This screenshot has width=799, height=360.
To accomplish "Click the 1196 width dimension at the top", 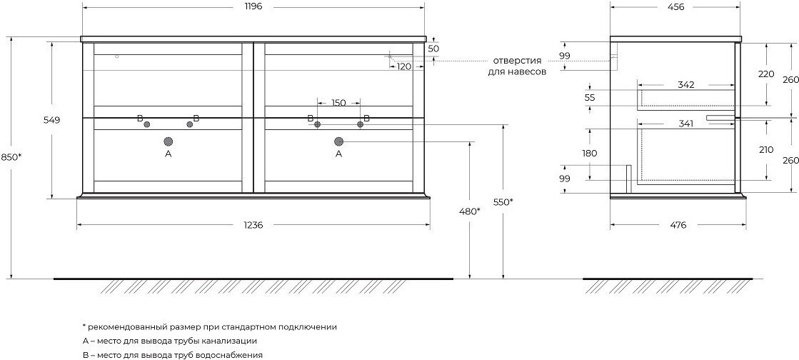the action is click(253, 7).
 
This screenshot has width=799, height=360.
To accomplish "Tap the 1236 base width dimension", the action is click(253, 225).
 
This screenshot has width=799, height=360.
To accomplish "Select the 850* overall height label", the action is click(11, 157).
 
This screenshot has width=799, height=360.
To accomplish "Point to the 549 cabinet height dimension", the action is click(52, 120).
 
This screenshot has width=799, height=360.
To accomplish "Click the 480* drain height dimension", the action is click(470, 211).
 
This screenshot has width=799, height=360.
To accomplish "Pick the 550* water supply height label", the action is click(503, 202).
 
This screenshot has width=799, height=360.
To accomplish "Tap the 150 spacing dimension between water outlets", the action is click(338, 103).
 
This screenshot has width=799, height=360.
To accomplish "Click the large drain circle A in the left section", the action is click(169, 141).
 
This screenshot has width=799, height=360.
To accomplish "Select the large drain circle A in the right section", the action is click(338, 141).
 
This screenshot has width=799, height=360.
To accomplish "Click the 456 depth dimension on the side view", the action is click(675, 7).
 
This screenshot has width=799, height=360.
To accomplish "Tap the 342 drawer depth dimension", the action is click(686, 85).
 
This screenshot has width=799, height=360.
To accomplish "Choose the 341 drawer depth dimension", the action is click(686, 123).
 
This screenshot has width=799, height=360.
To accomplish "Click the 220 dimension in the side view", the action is click(766, 74).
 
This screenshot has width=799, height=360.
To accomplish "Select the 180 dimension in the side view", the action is click(591, 153).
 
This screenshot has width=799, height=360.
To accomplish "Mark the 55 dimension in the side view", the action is click(590, 97).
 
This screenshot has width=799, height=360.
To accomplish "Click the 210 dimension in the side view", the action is click(766, 150).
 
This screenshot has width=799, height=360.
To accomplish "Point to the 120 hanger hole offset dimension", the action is click(404, 67).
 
